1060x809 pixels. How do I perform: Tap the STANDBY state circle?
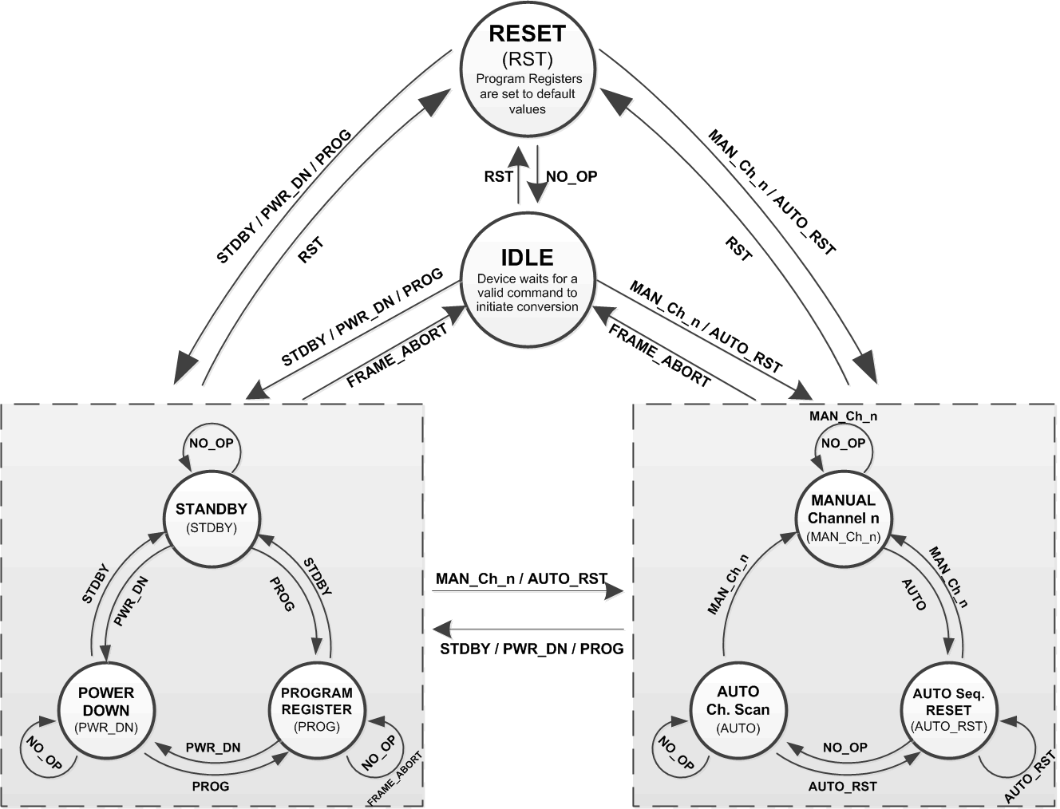(x=212, y=517)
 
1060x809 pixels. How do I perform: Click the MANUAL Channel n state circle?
(x=843, y=517)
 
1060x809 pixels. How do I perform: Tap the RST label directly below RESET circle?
(x=498, y=176)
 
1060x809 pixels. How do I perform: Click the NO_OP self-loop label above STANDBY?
(x=212, y=443)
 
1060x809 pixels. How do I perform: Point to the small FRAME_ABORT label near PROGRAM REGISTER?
(x=395, y=779)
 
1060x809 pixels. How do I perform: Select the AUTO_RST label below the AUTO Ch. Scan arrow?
(x=842, y=787)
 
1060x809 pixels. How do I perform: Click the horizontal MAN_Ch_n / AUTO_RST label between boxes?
(x=521, y=578)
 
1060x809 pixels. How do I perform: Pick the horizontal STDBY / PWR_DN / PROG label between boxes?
(x=532, y=649)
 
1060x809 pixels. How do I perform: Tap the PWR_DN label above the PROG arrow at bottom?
(x=213, y=748)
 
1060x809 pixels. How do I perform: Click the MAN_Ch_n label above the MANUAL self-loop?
(x=844, y=416)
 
